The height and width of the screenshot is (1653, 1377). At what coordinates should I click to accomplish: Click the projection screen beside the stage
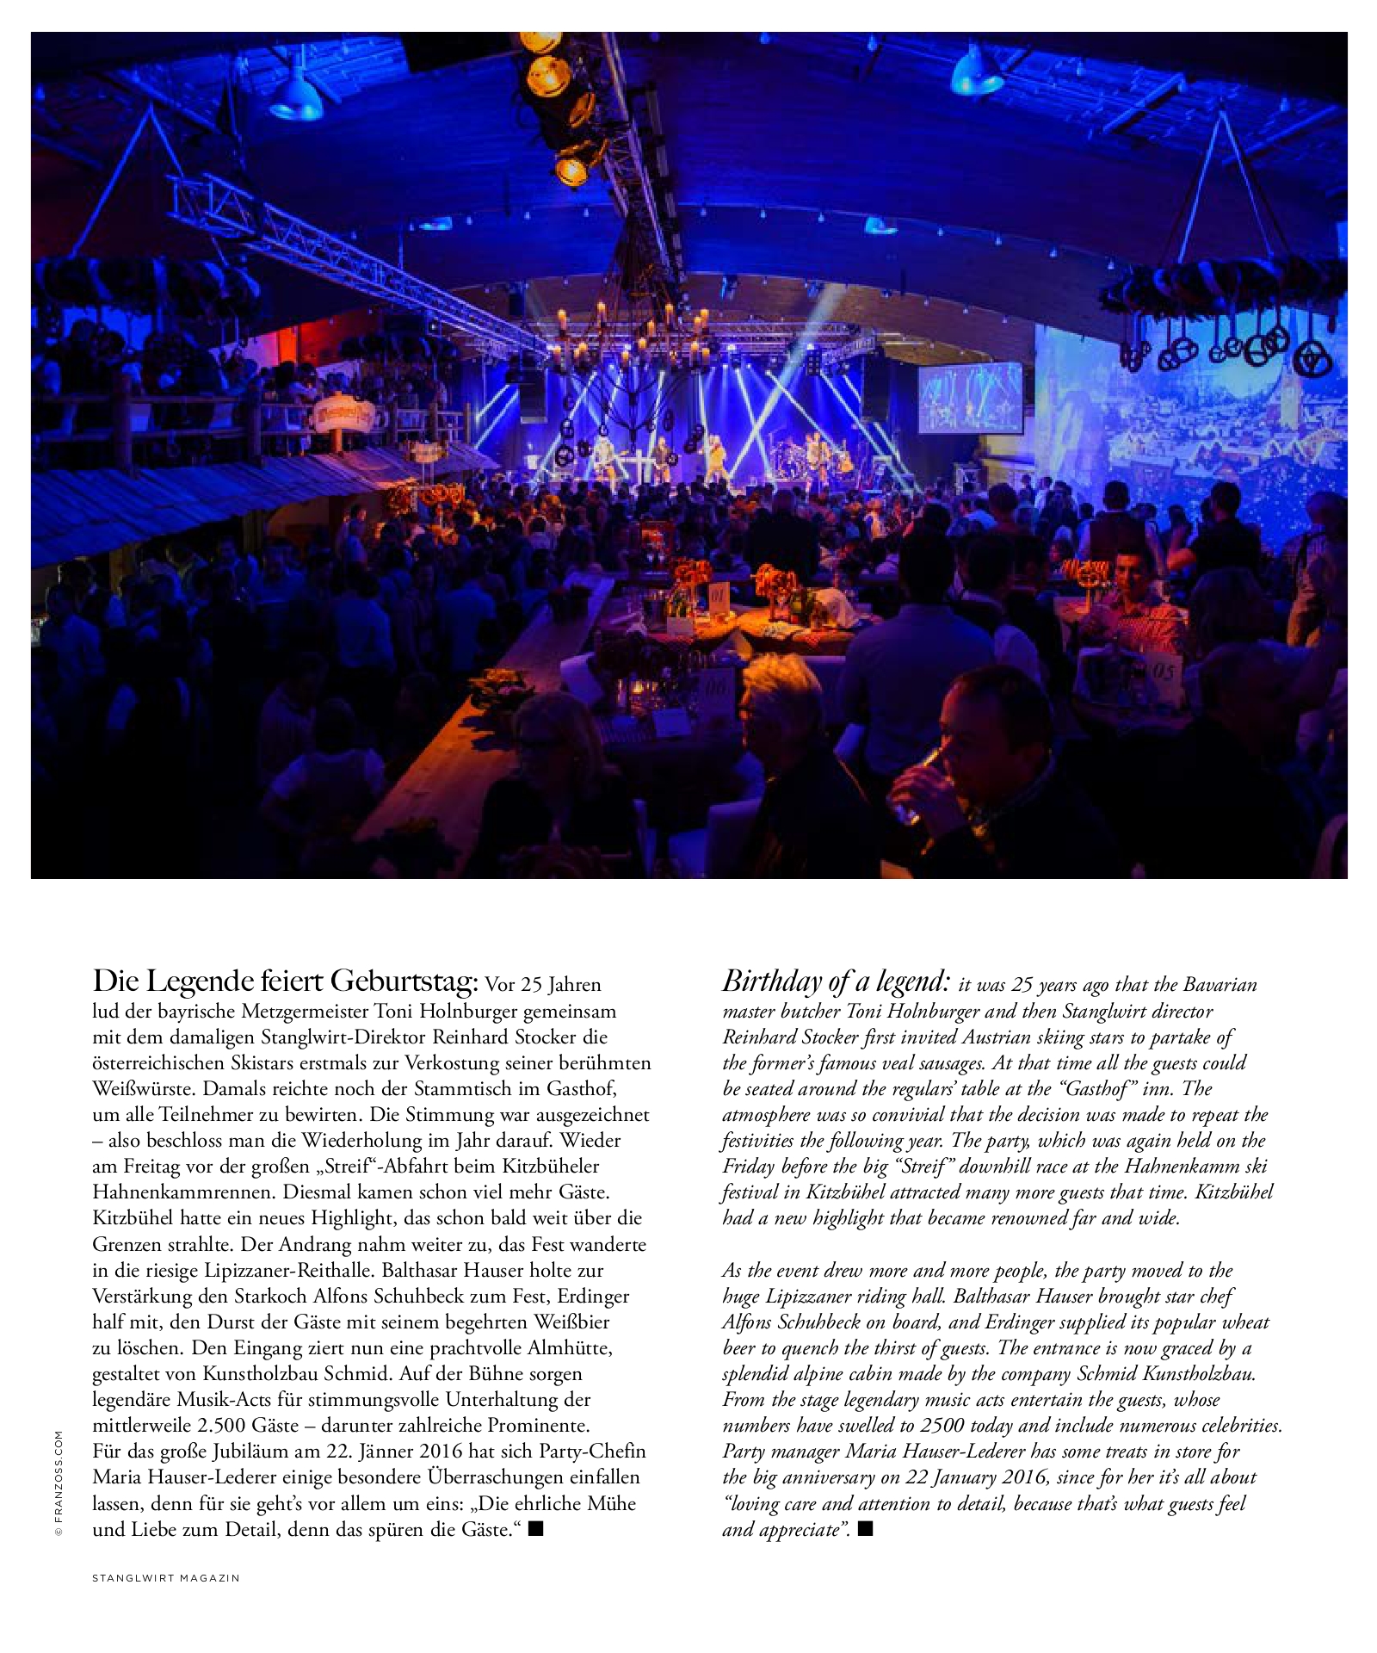click(970, 398)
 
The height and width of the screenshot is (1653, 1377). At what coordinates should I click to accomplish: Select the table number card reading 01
click(717, 593)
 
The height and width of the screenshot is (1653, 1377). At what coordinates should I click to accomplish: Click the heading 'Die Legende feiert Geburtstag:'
click(285, 981)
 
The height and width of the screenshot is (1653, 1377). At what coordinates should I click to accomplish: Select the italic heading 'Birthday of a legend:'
click(836, 981)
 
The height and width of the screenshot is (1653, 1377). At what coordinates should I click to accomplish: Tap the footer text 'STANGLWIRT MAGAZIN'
click(165, 1578)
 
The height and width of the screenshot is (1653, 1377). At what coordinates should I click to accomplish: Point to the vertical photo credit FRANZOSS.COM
click(59, 1483)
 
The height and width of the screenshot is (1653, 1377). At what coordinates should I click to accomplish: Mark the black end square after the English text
click(866, 1529)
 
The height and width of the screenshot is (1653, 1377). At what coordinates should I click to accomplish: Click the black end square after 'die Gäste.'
click(536, 1529)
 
